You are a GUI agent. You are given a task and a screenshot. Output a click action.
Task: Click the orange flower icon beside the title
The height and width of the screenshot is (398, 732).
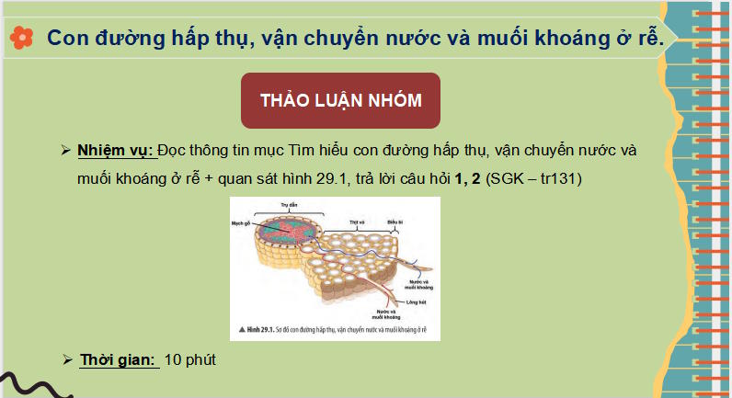click(x=22, y=36)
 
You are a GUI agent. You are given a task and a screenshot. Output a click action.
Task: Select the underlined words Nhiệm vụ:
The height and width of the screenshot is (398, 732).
click(x=116, y=150)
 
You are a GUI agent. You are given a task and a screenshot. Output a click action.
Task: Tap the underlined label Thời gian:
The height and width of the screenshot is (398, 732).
click(x=118, y=358)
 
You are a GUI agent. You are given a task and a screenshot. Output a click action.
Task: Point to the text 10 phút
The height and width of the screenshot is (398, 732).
click(x=189, y=358)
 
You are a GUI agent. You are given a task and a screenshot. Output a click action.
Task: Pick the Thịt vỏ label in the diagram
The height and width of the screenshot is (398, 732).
click(x=358, y=222)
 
